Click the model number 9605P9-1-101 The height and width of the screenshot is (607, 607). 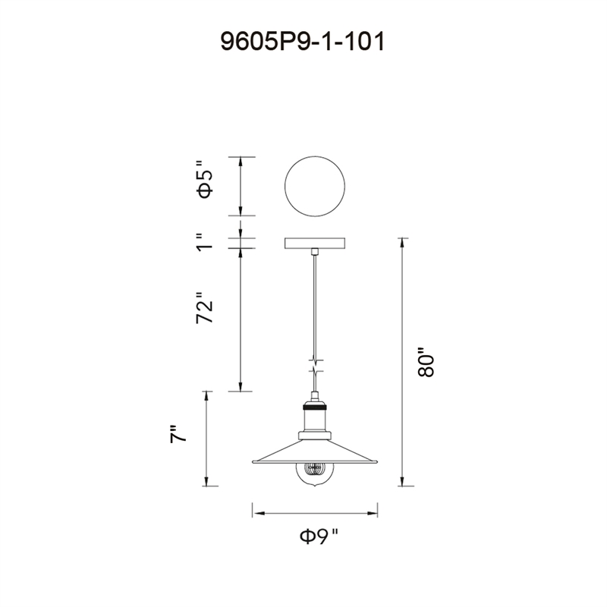pyautogui.click(x=303, y=41)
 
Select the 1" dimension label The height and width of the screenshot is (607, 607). pyautogui.click(x=205, y=242)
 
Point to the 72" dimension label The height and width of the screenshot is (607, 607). pyautogui.click(x=205, y=308)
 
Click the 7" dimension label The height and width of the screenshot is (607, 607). pyautogui.click(x=178, y=434)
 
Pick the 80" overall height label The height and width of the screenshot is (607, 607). pyautogui.click(x=426, y=362)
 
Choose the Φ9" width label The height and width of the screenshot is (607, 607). pyautogui.click(x=319, y=536)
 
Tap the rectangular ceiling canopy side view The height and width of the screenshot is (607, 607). pyautogui.click(x=315, y=244)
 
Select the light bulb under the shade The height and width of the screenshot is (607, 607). pyautogui.click(x=315, y=475)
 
